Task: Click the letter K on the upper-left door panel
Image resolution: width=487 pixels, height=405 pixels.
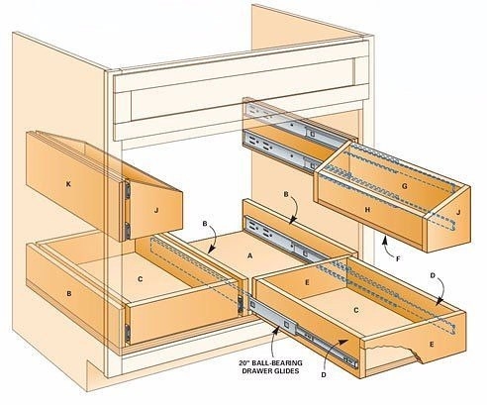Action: (68, 184)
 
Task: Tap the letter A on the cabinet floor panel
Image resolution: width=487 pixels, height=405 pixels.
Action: (249, 255)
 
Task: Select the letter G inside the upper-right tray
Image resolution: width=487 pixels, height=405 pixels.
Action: (405, 186)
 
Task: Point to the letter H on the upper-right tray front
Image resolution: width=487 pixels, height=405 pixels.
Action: (367, 209)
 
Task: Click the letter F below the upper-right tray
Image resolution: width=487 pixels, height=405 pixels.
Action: (398, 259)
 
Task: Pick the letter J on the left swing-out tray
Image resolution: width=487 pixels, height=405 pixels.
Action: (156, 210)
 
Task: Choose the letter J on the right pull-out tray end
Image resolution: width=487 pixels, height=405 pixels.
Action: (457, 213)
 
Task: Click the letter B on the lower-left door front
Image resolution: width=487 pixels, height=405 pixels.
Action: (69, 293)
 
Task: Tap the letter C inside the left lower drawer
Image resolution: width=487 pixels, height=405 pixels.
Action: (141, 279)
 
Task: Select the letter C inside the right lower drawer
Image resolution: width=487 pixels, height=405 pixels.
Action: (356, 310)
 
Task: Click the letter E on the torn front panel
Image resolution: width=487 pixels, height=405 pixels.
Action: (432, 345)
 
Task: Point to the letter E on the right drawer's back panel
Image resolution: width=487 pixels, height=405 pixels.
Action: (307, 282)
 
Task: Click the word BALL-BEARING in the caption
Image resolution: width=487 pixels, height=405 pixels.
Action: (275, 363)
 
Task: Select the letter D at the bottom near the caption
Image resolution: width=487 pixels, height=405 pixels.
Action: (324, 375)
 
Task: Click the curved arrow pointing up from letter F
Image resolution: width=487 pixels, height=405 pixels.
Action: (387, 248)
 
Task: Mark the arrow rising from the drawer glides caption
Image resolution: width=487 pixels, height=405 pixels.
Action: (274, 341)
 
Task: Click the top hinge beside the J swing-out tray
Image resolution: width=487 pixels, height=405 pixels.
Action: (127, 190)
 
